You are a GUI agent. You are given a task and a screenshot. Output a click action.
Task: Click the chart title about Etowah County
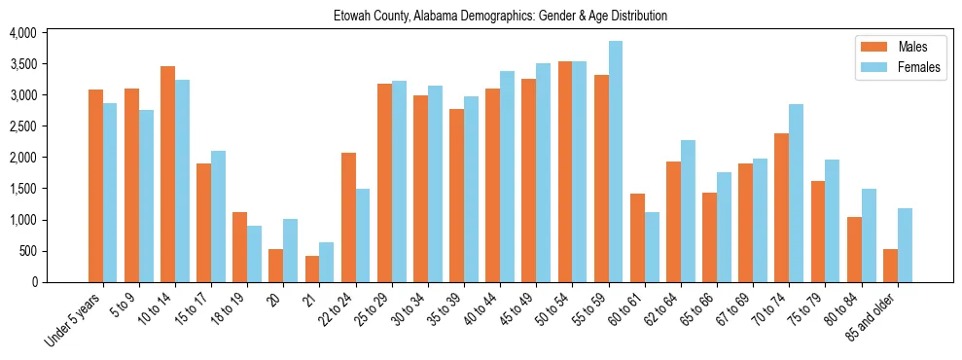click(500, 17)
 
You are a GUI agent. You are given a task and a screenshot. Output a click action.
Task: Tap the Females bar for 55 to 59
click(616, 162)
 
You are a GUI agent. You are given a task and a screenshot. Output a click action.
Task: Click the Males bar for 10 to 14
click(168, 174)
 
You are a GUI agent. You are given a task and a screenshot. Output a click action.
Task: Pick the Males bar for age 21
click(312, 269)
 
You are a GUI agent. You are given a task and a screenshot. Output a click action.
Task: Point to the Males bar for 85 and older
click(890, 266)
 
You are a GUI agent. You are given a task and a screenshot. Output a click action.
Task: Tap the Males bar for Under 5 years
click(95, 186)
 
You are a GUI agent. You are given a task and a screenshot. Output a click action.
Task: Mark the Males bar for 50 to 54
click(565, 171)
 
